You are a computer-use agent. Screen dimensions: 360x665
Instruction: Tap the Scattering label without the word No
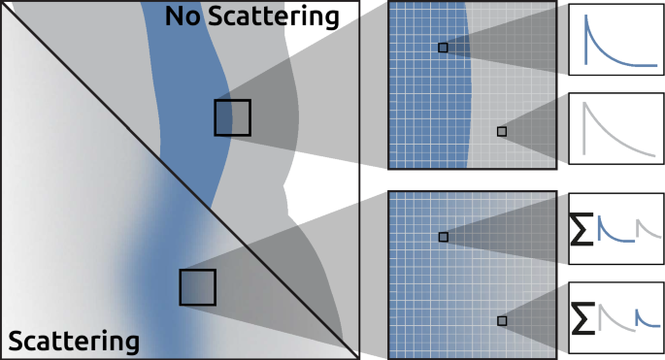click(x=73, y=342)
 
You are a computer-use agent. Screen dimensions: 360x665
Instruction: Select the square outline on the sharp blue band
click(x=232, y=117)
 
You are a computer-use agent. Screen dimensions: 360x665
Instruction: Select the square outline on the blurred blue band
click(x=197, y=287)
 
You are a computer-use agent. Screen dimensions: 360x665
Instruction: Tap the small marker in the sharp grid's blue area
click(x=443, y=48)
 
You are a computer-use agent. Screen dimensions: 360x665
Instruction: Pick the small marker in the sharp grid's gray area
click(x=502, y=131)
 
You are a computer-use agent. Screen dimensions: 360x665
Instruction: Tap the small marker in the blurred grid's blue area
click(x=443, y=237)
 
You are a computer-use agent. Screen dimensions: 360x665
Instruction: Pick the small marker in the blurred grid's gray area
click(x=502, y=320)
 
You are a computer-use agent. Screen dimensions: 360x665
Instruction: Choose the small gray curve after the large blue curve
click(x=648, y=229)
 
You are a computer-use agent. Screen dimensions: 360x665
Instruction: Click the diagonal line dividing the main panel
click(x=146, y=146)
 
